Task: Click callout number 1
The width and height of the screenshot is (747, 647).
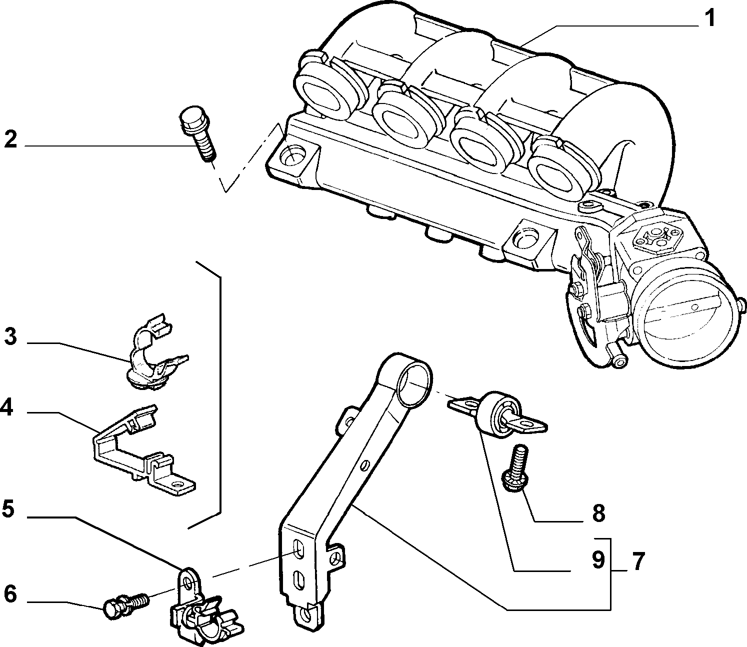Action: click(710, 18)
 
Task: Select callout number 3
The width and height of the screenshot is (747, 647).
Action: click(10, 336)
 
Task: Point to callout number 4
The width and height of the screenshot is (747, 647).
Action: click(7, 407)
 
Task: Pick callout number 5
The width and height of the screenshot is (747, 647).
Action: click(8, 509)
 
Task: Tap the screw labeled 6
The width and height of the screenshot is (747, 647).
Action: click(126, 603)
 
